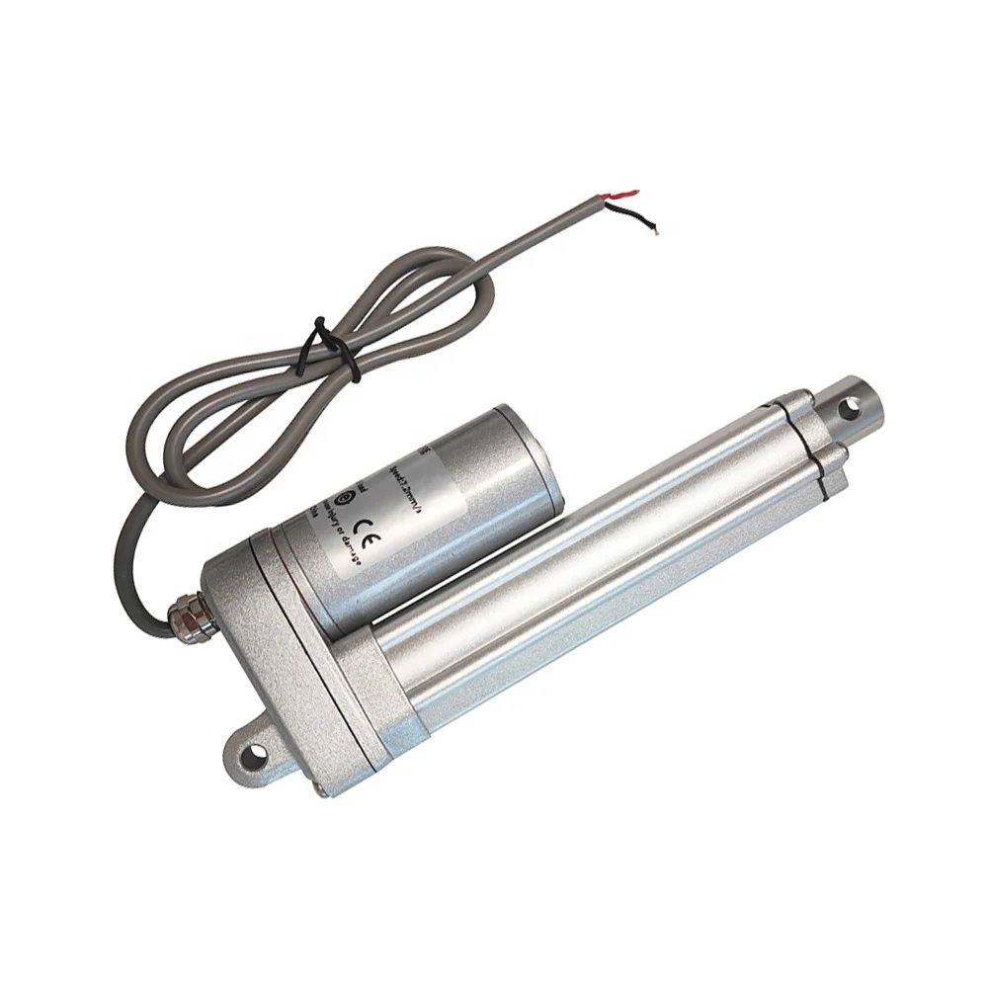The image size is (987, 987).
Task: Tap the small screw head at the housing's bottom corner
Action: [x=321, y=787]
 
